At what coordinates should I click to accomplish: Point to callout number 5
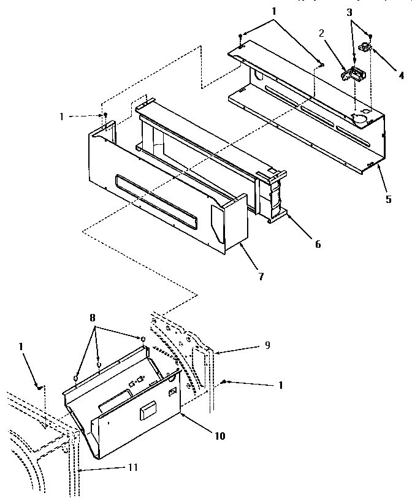388,199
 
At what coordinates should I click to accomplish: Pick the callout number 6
318,243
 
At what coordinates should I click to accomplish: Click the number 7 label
261,277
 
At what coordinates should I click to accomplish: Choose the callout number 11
132,467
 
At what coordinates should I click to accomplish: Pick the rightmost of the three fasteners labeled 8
142,339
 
